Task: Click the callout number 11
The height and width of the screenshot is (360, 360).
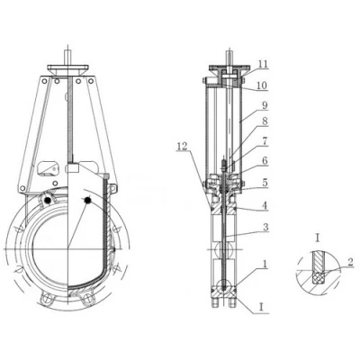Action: tap(263, 64)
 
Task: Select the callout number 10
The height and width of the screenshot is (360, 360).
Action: tap(262, 85)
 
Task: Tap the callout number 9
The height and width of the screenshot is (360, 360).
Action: tap(265, 105)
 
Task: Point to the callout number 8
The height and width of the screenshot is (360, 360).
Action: tap(265, 121)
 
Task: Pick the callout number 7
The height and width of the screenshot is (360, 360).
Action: tap(265, 141)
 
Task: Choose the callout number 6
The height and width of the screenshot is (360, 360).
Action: tap(265, 161)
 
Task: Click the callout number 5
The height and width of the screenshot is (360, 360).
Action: tap(265, 183)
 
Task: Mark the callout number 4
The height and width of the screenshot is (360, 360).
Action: tap(265, 205)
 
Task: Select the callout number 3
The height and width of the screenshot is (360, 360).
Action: tap(265, 228)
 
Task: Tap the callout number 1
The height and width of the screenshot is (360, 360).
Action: tap(265, 264)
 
